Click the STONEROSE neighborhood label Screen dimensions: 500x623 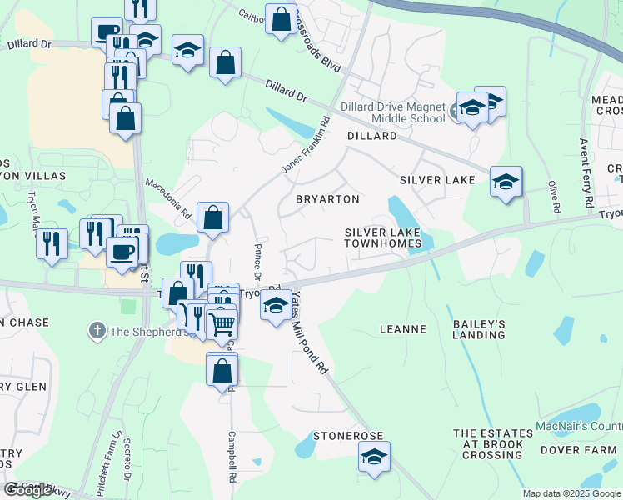pos(347,436)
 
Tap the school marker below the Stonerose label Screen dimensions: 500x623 pos(374,457)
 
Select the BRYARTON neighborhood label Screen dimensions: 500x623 pos(328,199)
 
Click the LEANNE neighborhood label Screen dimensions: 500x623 pos(403,329)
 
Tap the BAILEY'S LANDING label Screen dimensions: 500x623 pos(479,328)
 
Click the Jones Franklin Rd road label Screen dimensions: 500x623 pos(305,150)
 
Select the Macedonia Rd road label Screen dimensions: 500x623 pos(169,198)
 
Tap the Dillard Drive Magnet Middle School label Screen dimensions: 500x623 pos(394,112)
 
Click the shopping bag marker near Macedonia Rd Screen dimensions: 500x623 pos(213,218)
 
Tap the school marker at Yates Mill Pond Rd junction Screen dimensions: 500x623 pos(276,306)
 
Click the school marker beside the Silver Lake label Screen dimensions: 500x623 pos(506,182)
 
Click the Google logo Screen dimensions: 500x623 pos(29,489)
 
